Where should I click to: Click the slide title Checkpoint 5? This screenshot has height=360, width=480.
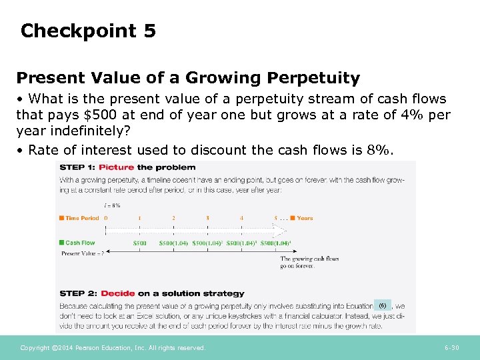[x=88, y=31]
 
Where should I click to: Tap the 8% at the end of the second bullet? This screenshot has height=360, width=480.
[x=379, y=150]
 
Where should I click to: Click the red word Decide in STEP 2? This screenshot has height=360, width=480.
[x=117, y=293]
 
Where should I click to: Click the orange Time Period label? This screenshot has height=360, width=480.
[x=81, y=218]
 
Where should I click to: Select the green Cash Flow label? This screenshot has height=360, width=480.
[x=79, y=243]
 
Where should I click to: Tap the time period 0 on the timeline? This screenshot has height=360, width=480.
[x=106, y=218]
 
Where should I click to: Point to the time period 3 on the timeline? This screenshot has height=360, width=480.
[x=207, y=218]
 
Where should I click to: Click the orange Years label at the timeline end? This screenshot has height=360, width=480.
[x=304, y=218]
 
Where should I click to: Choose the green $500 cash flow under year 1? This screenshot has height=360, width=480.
[x=139, y=243]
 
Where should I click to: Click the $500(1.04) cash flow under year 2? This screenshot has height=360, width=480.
[x=173, y=243]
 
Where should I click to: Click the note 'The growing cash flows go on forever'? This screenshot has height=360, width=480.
[x=309, y=262]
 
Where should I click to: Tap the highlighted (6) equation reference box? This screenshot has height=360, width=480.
[x=382, y=305]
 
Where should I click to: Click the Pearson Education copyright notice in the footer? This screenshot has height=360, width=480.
[x=113, y=348]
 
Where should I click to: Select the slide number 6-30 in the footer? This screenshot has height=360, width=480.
[x=453, y=348]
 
